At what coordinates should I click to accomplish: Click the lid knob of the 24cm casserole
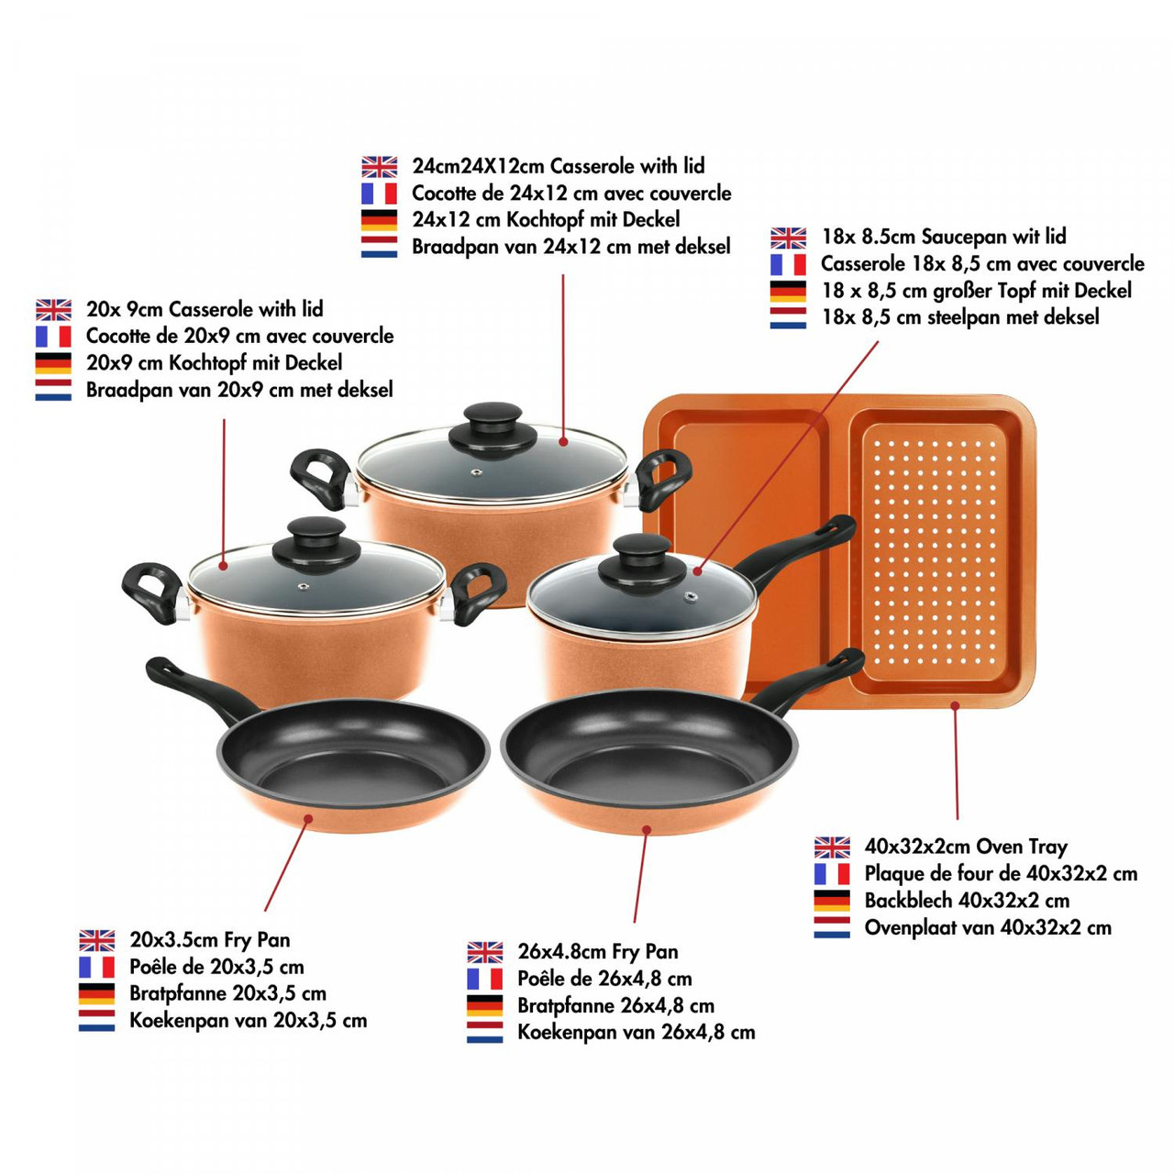coord(493,429)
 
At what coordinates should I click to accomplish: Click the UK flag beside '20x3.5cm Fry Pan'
coord(97,940)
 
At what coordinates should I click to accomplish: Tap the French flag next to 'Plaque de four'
coord(832,874)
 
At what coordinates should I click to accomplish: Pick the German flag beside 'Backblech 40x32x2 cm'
coord(832,901)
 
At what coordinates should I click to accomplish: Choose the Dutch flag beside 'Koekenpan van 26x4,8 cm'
coord(485,1032)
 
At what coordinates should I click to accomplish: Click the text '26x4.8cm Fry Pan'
coord(598,951)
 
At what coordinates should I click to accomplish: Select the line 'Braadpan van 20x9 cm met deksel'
coord(239,389)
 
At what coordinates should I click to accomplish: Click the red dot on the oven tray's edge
coord(956,705)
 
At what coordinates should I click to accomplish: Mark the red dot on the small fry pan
coord(309,819)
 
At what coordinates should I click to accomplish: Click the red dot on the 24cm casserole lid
coord(562,441)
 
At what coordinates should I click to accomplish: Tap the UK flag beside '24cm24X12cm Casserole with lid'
coord(379,167)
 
